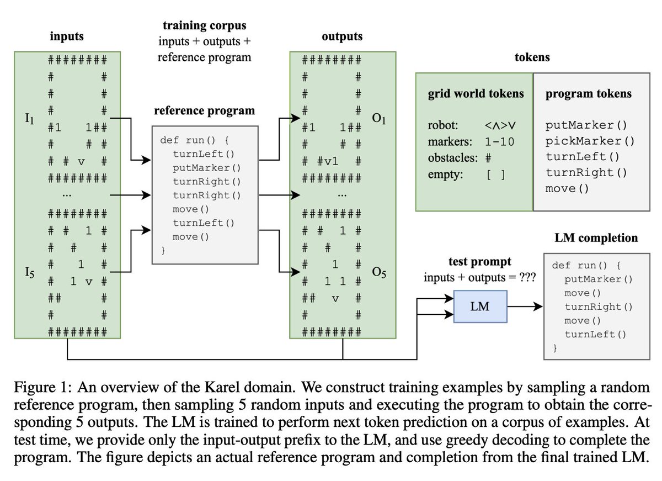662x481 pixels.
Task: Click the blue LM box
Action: (479, 306)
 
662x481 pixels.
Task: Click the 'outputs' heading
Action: (341, 37)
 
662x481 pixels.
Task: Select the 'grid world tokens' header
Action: (476, 94)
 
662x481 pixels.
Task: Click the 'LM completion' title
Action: (595, 238)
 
